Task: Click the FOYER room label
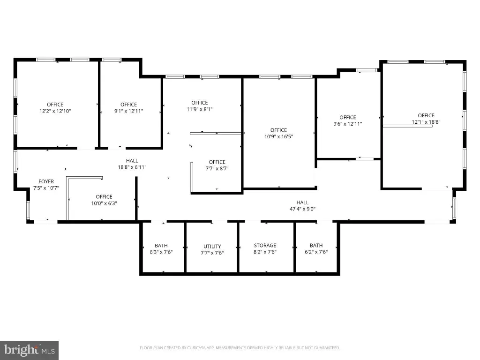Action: pyautogui.click(x=46, y=181)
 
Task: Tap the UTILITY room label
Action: pyautogui.click(x=212, y=247)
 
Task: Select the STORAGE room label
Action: pyautogui.click(x=265, y=246)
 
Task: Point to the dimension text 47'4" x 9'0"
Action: pyautogui.click(x=302, y=209)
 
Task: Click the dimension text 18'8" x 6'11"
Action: pyautogui.click(x=132, y=167)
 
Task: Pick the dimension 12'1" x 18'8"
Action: pyautogui.click(x=426, y=122)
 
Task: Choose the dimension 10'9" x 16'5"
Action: pyautogui.click(x=278, y=136)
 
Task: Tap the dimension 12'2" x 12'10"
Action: pyautogui.click(x=55, y=111)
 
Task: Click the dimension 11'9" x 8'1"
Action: pyautogui.click(x=200, y=109)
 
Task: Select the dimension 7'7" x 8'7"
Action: pyautogui.click(x=217, y=168)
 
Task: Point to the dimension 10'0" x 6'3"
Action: pyautogui.click(x=104, y=203)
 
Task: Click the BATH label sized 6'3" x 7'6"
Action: pyautogui.click(x=161, y=246)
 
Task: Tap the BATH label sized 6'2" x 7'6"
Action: pyautogui.click(x=316, y=246)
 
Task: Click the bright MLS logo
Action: pyautogui.click(x=29, y=350)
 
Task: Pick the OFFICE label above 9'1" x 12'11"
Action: pyautogui.click(x=128, y=105)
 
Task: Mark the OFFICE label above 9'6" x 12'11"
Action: pyautogui.click(x=348, y=118)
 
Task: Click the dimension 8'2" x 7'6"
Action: pyautogui.click(x=265, y=252)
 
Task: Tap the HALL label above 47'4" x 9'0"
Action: pyautogui.click(x=302, y=202)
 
